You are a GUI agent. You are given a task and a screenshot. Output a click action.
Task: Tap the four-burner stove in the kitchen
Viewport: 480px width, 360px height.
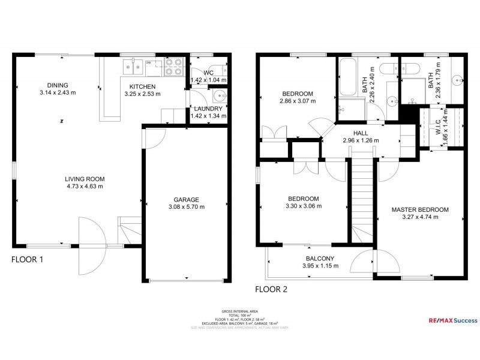point(173,67)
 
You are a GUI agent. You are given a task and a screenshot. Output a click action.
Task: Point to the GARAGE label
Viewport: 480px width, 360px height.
point(186,200)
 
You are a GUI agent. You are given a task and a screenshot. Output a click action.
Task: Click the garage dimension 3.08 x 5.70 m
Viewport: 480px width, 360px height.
point(186,207)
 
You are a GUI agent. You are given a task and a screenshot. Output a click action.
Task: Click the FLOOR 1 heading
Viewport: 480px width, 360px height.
point(27,260)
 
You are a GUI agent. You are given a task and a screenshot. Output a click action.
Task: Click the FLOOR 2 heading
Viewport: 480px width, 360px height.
point(271,289)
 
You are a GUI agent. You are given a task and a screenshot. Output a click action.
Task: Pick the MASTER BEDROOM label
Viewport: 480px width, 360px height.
point(420,209)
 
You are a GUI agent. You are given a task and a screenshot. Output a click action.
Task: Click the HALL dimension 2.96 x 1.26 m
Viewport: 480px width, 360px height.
point(361,140)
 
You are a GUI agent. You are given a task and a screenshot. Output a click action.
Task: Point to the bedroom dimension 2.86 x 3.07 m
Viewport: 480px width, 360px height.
point(298,101)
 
